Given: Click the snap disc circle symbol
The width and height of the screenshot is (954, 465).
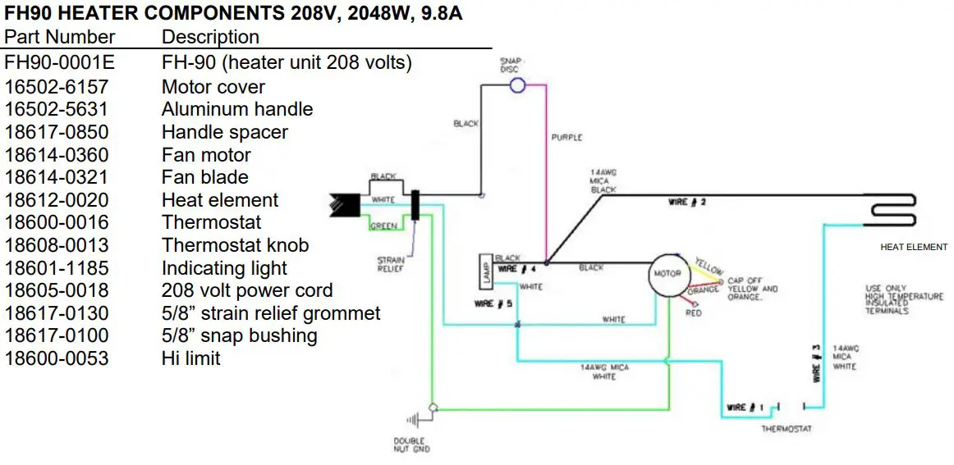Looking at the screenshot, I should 518,84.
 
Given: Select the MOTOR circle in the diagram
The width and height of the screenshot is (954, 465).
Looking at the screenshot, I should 666,274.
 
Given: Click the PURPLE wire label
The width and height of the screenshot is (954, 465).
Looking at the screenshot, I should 566,138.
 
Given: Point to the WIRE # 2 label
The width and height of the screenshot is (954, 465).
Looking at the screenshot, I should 687,202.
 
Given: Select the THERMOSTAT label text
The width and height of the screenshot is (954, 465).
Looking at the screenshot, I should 787,430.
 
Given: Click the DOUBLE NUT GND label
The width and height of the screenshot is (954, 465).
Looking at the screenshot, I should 411,445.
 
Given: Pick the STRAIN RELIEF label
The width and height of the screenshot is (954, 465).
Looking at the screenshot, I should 390,264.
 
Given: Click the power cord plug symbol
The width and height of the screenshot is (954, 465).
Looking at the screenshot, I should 345,204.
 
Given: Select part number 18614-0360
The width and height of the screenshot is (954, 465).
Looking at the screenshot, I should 57,155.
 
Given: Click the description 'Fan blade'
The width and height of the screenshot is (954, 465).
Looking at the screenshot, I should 205,177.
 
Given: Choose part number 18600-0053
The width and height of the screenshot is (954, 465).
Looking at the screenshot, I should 57,358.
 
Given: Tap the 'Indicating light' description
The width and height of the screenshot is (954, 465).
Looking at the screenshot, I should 224,268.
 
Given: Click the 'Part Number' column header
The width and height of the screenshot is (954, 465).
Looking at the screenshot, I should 60,37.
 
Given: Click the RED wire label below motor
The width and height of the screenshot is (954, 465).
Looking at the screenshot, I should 694,313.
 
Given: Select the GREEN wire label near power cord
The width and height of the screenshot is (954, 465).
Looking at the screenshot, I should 383,226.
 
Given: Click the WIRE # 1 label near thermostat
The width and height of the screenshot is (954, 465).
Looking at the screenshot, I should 745,408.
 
